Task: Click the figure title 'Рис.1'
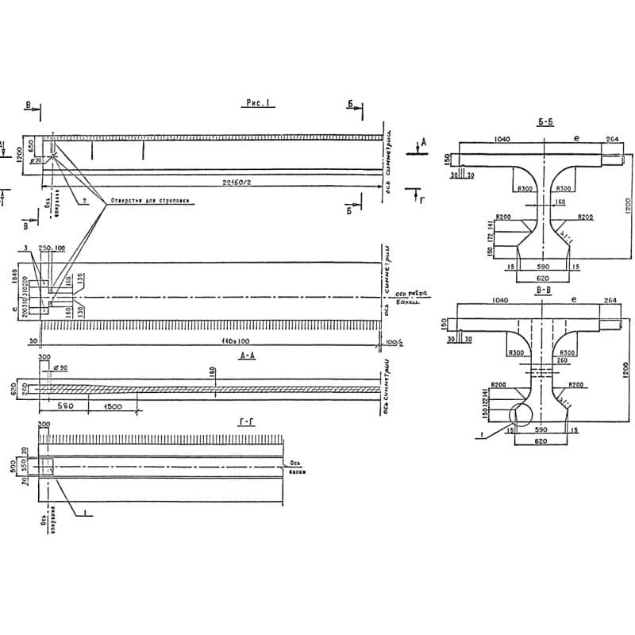coord(260,104)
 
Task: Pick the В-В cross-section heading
coord(544,291)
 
